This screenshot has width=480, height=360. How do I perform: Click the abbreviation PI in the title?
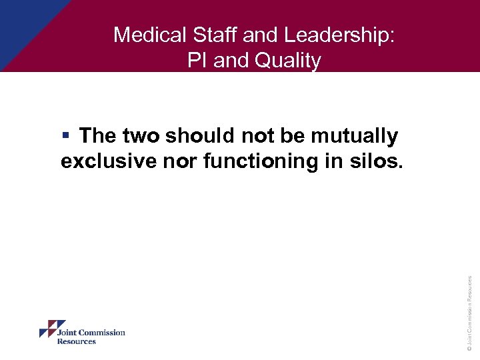pyautogui.click(x=197, y=61)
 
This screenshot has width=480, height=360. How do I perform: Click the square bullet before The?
pyautogui.click(x=66, y=136)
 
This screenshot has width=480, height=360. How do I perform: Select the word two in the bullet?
pyautogui.click(x=141, y=136)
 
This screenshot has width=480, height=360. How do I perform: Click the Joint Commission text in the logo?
pyautogui.click(x=91, y=333)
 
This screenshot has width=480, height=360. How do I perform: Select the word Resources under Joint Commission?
pyautogui.click(x=76, y=341)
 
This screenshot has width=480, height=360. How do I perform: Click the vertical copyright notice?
pyautogui.click(x=469, y=313)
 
